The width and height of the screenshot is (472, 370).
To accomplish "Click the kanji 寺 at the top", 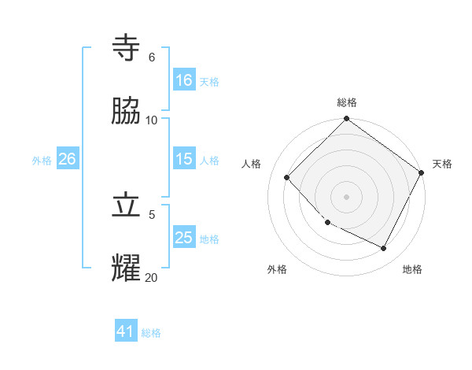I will click(x=127, y=48).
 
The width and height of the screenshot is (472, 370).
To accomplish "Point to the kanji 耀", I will click(x=127, y=268).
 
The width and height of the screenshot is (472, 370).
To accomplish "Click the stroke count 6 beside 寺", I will click(x=152, y=57).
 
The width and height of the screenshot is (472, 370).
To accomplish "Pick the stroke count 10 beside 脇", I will click(x=152, y=120).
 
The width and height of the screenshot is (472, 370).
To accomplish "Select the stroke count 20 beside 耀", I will click(x=152, y=277).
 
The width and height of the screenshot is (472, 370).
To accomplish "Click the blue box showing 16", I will click(x=184, y=80).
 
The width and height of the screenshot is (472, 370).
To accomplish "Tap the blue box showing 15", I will click(x=184, y=159).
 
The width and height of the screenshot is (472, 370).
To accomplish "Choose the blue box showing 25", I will click(x=184, y=238).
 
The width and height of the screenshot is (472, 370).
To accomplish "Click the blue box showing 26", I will click(x=67, y=159).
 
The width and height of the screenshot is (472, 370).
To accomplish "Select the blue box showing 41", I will click(x=126, y=331).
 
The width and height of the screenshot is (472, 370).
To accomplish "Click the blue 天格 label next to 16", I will click(x=208, y=81).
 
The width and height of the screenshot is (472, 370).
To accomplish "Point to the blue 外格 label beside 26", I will click(x=42, y=160).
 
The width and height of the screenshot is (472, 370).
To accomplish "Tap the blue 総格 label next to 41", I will click(x=151, y=333).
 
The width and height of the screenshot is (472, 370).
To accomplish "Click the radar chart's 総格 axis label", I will click(x=347, y=102).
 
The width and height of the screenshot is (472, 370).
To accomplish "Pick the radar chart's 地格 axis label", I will click(x=412, y=269).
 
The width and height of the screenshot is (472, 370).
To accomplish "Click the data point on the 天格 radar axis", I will click(x=422, y=172).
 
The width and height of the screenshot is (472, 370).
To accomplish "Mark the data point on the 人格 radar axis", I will click(x=287, y=178).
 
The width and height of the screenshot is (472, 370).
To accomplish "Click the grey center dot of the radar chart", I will click(x=347, y=197).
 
